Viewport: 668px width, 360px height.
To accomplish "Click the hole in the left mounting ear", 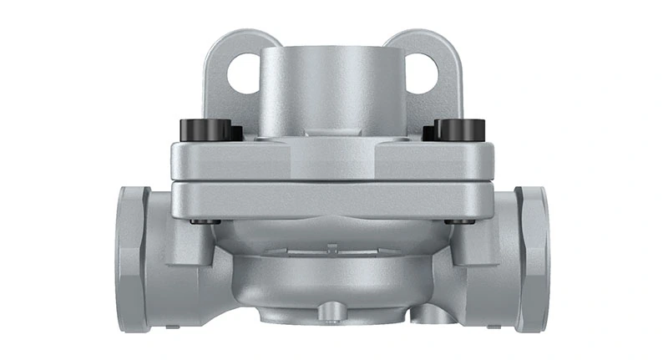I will (243, 73).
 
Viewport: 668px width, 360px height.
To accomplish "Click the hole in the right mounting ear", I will (423, 73).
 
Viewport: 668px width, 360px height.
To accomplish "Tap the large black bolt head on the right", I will (461, 129).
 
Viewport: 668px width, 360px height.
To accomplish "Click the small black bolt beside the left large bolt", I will (235, 133).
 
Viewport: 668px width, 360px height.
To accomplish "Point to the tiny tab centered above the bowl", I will (333, 248).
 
